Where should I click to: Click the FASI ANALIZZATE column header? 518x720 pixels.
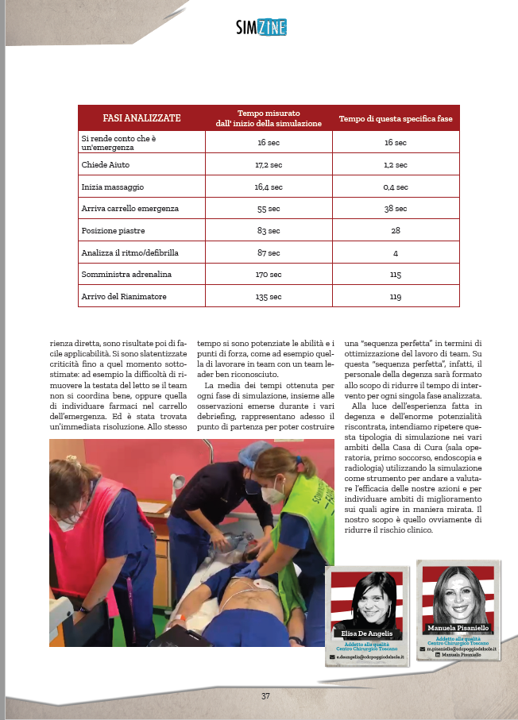click(141, 118)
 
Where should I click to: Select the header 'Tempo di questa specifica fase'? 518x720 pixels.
click(395, 118)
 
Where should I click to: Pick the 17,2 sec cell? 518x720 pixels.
click(269, 164)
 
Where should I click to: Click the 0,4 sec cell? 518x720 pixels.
click(395, 187)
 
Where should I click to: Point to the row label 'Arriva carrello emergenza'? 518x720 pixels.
click(129, 209)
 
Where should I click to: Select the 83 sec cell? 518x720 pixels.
click(269, 231)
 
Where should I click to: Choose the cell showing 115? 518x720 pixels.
click(395, 275)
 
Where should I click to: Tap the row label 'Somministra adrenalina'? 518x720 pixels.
click(126, 275)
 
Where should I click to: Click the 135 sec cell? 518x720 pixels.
click(269, 297)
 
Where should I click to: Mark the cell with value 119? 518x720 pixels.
click(395, 297)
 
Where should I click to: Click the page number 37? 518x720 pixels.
click(265, 696)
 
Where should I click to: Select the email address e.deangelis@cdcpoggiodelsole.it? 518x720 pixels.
click(370, 657)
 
